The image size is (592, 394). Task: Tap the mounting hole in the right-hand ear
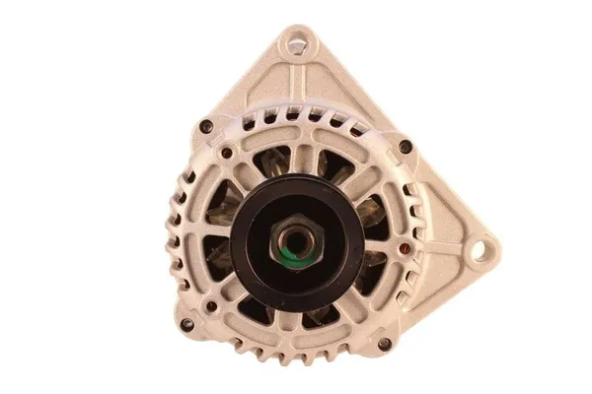coord(479,251)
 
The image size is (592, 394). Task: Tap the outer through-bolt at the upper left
coord(205,126)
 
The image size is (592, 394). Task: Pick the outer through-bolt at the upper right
coord(406,147)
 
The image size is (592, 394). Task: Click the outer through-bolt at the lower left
coord(186,323)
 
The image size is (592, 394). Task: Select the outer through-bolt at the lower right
coord(384,344)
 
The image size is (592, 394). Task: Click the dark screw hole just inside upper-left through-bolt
coord(227,152)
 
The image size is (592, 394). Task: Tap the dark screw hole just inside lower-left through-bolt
coord(211,305)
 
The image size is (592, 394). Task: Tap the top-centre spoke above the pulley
coord(300,158)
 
